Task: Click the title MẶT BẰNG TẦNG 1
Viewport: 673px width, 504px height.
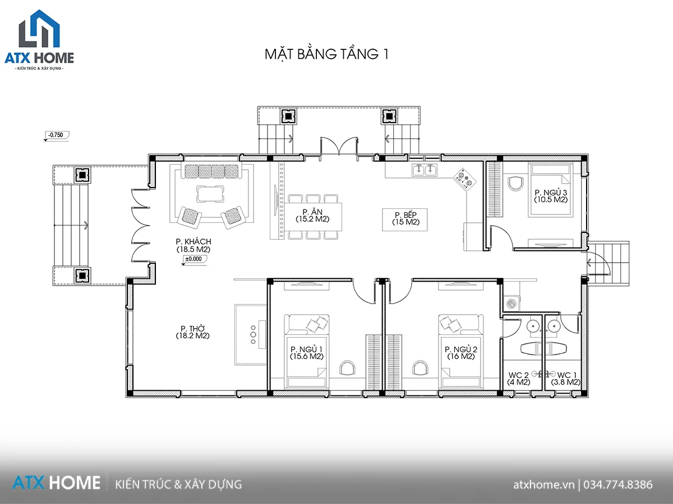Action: (x=326, y=54)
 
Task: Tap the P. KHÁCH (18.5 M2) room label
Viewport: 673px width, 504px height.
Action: (x=193, y=245)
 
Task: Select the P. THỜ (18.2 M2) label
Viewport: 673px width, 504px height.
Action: (x=192, y=332)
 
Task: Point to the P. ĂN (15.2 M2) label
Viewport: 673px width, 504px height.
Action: (x=312, y=216)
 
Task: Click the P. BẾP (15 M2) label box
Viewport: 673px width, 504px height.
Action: (x=405, y=220)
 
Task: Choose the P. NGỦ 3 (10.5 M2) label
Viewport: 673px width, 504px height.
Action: (x=551, y=196)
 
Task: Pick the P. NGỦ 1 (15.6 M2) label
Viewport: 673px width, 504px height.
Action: (x=307, y=353)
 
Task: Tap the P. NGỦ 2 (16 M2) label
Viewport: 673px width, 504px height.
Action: (x=461, y=353)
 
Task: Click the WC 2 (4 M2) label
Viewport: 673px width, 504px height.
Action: (x=518, y=378)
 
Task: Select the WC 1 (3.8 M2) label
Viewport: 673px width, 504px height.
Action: (x=566, y=378)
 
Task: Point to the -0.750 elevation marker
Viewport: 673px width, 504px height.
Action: (x=57, y=136)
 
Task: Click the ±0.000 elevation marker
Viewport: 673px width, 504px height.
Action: (x=195, y=259)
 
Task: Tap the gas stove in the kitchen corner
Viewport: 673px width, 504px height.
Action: (x=465, y=179)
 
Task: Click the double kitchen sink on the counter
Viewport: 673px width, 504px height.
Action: (x=425, y=170)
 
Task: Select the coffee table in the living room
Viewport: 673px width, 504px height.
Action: (x=210, y=194)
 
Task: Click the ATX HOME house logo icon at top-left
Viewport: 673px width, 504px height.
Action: (x=39, y=29)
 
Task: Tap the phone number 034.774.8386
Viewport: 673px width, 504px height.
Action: (x=618, y=485)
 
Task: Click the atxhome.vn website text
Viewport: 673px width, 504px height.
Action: (x=543, y=485)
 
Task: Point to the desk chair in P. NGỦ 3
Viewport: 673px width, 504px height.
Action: (x=516, y=183)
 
